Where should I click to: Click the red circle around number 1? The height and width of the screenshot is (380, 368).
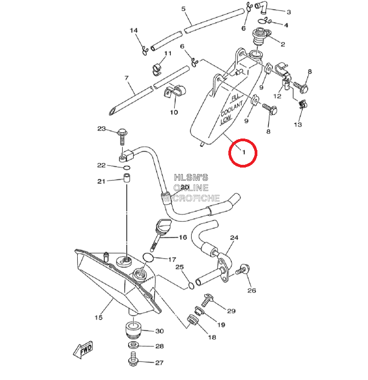pos(243,153)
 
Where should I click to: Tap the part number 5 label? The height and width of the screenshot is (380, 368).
pos(183,9)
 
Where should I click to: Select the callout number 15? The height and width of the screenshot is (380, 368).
pos(99,317)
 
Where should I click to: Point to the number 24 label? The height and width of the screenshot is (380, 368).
pos(234,238)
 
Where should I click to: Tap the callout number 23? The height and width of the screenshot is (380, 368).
pos(101,129)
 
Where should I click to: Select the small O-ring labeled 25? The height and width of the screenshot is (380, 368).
pos(190,285)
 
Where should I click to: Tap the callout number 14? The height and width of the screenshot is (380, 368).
pos(134,31)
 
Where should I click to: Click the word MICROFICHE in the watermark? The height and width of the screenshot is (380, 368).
pos(196,198)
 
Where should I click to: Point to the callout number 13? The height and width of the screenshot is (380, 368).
pos(297,125)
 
